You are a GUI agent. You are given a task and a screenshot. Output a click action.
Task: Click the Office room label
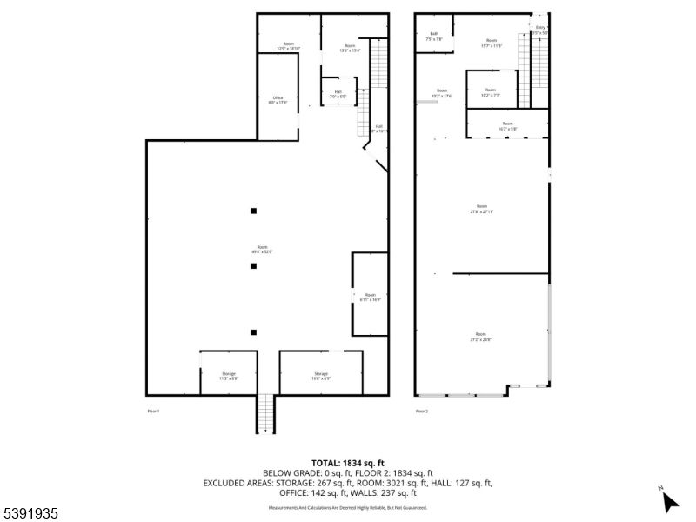coord(278,100)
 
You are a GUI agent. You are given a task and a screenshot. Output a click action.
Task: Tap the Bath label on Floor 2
coord(434,37)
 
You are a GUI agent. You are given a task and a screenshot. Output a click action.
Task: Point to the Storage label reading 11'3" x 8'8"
coord(228,376)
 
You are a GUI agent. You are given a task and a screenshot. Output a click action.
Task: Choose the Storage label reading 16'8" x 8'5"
coord(321,376)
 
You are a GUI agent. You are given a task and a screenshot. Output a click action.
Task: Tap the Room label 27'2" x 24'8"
coord(480,337)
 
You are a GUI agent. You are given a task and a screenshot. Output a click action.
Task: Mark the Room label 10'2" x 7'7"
coord(491,93)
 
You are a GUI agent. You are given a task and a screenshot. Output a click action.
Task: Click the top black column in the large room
coord(253,210)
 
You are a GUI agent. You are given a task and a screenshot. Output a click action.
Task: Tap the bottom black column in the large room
coord(253,331)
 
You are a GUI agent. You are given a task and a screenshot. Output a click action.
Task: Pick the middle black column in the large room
coord(253,266)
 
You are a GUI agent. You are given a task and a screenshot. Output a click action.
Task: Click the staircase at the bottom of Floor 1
coord(264,413)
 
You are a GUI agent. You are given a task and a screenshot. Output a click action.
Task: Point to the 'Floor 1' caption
coord(153,410)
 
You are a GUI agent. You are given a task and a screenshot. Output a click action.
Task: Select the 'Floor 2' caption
coord(422,410)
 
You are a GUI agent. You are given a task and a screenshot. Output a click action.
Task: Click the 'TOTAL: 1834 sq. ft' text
coord(348,462)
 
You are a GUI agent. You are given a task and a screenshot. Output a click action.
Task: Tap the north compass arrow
coord(670,501)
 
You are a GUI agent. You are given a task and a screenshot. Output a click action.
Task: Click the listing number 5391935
coord(30,514)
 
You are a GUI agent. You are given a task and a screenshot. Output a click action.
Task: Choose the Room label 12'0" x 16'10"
coord(288,47)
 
